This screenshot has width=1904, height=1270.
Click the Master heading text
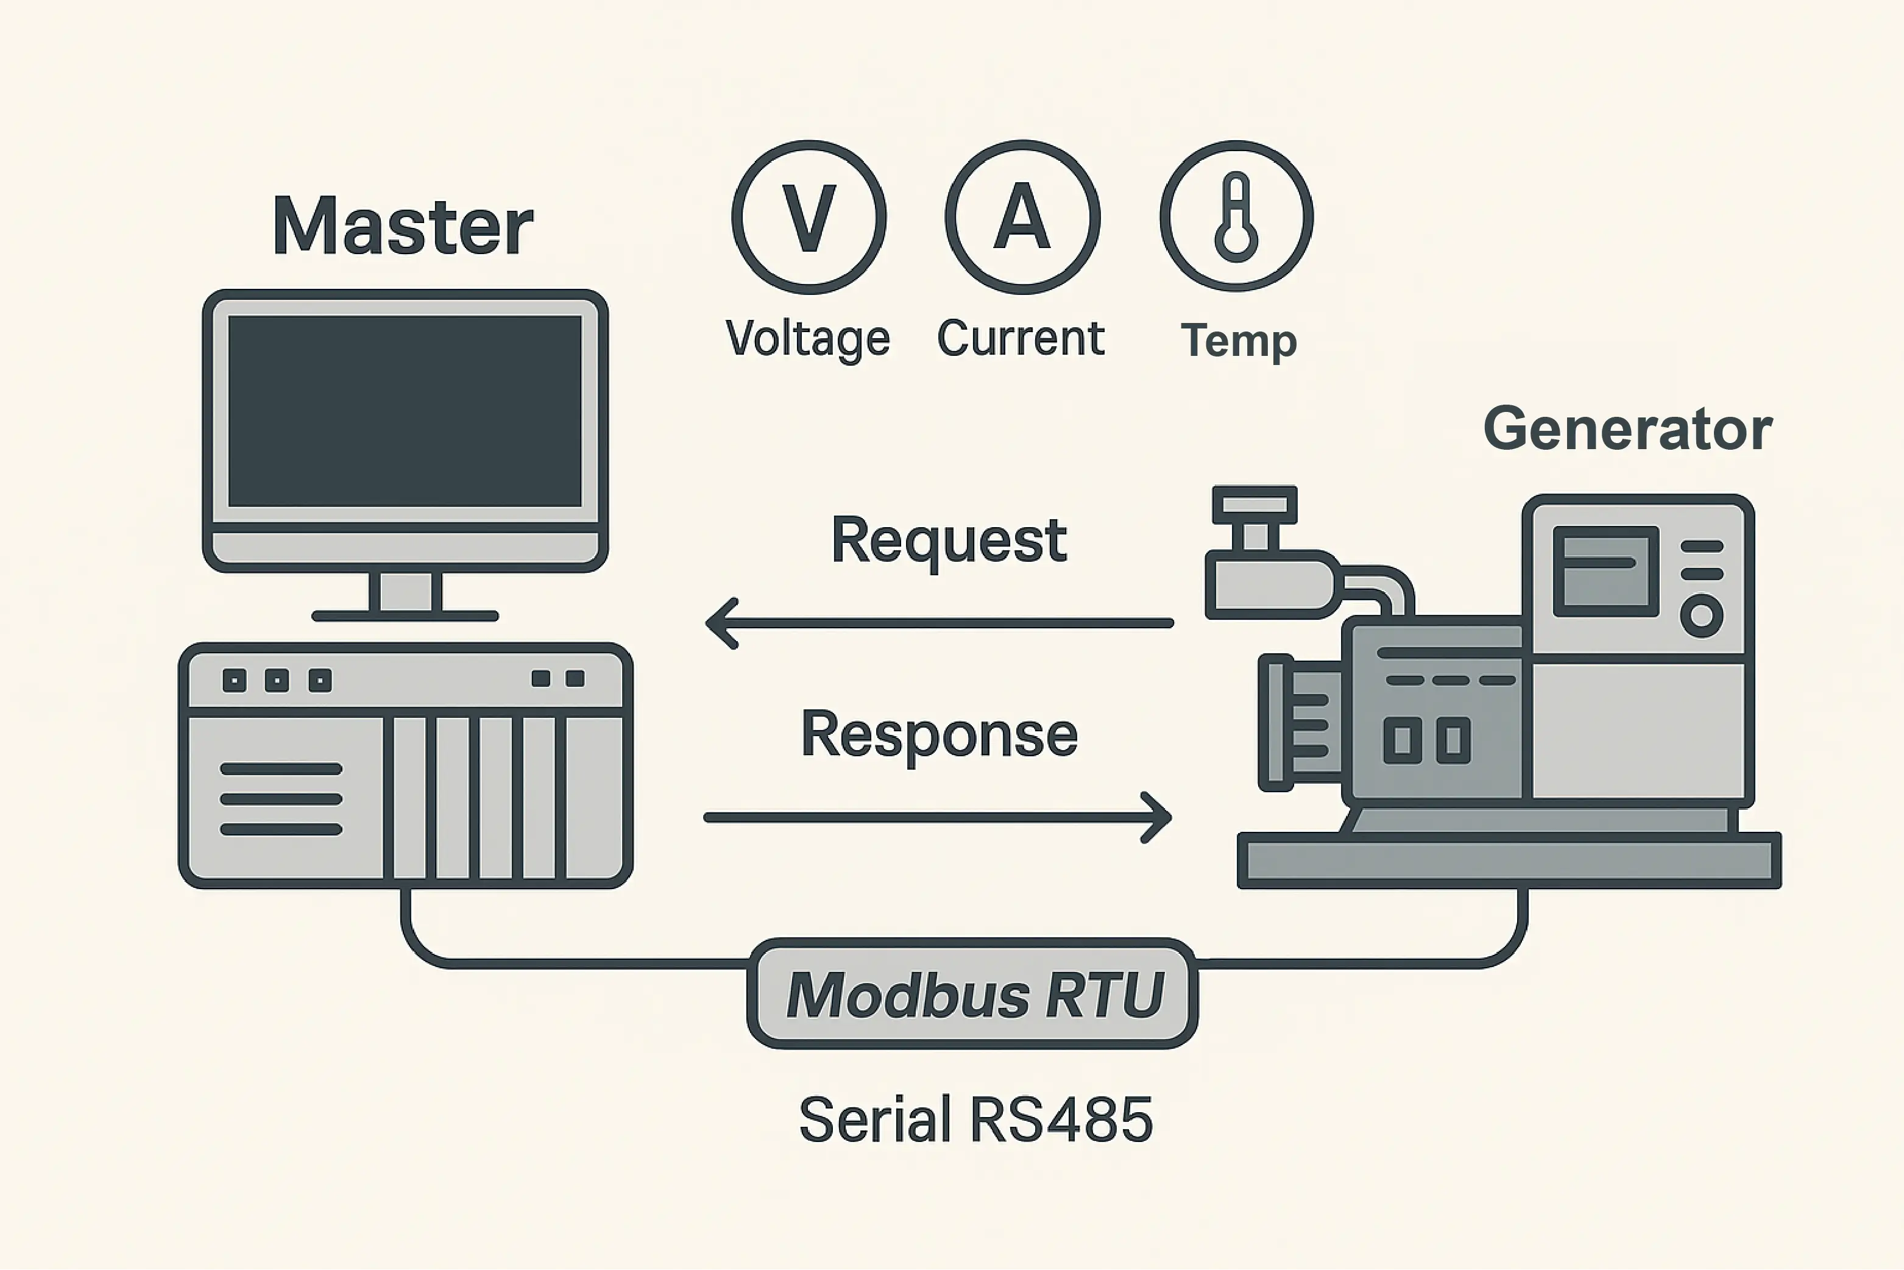tap(403, 226)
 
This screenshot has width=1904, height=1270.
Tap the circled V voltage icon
tap(809, 217)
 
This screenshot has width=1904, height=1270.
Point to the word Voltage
tap(807, 339)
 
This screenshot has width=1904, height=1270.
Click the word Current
tap(1021, 339)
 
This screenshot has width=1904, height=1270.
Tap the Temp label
tap(1238, 340)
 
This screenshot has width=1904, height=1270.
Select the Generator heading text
tap(1628, 428)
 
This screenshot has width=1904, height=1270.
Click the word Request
tap(949, 540)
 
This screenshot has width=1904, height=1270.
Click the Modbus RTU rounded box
tap(972, 994)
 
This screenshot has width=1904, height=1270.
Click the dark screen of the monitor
tap(405, 411)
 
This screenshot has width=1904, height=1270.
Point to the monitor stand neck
tap(405, 591)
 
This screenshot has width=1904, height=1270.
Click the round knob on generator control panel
tap(1702, 615)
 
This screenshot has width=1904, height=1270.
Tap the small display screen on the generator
tap(1606, 571)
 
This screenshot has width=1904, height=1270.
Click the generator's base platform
tap(1509, 860)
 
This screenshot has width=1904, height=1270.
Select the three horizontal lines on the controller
tap(281, 798)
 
